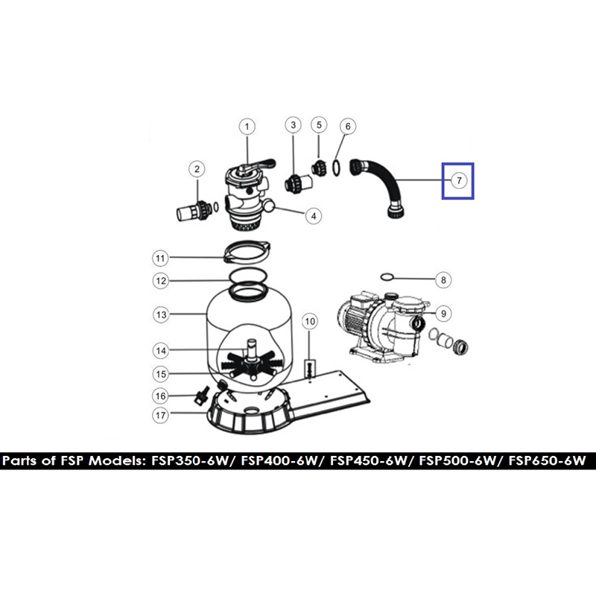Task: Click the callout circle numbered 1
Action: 247,127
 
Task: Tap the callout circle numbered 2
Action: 197,169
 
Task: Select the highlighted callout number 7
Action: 459,180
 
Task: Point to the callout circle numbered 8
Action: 443,280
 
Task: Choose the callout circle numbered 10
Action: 310,322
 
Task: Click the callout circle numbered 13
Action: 161,314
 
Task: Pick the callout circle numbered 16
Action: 161,396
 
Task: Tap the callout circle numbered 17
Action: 161,415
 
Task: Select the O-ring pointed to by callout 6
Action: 337,168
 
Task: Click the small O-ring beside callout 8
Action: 385,276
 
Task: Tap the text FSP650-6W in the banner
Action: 548,460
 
